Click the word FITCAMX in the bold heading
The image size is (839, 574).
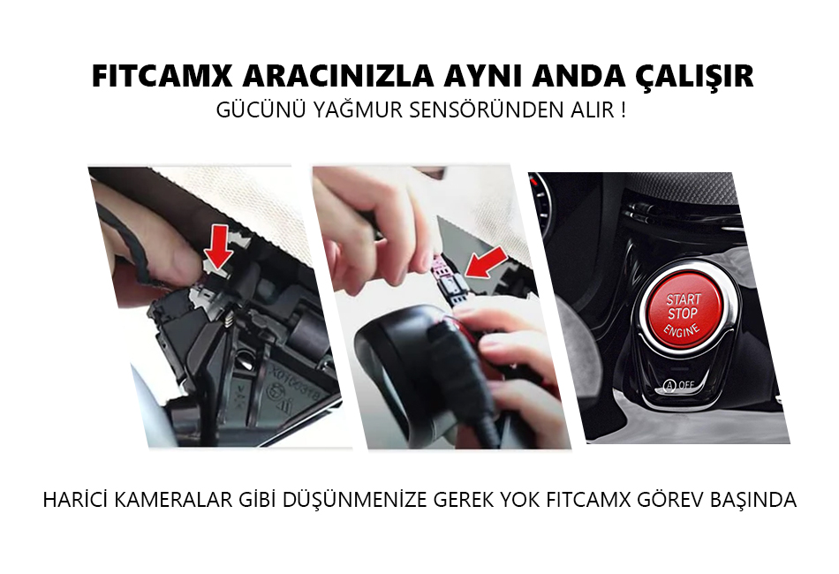click(163, 76)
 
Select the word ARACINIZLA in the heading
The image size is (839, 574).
click(337, 76)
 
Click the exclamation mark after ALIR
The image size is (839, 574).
click(624, 110)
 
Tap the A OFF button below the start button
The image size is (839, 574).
click(678, 385)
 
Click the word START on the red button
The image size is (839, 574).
click(684, 299)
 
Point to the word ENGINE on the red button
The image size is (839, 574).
click(682, 330)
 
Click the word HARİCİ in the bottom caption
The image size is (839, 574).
click(74, 500)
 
